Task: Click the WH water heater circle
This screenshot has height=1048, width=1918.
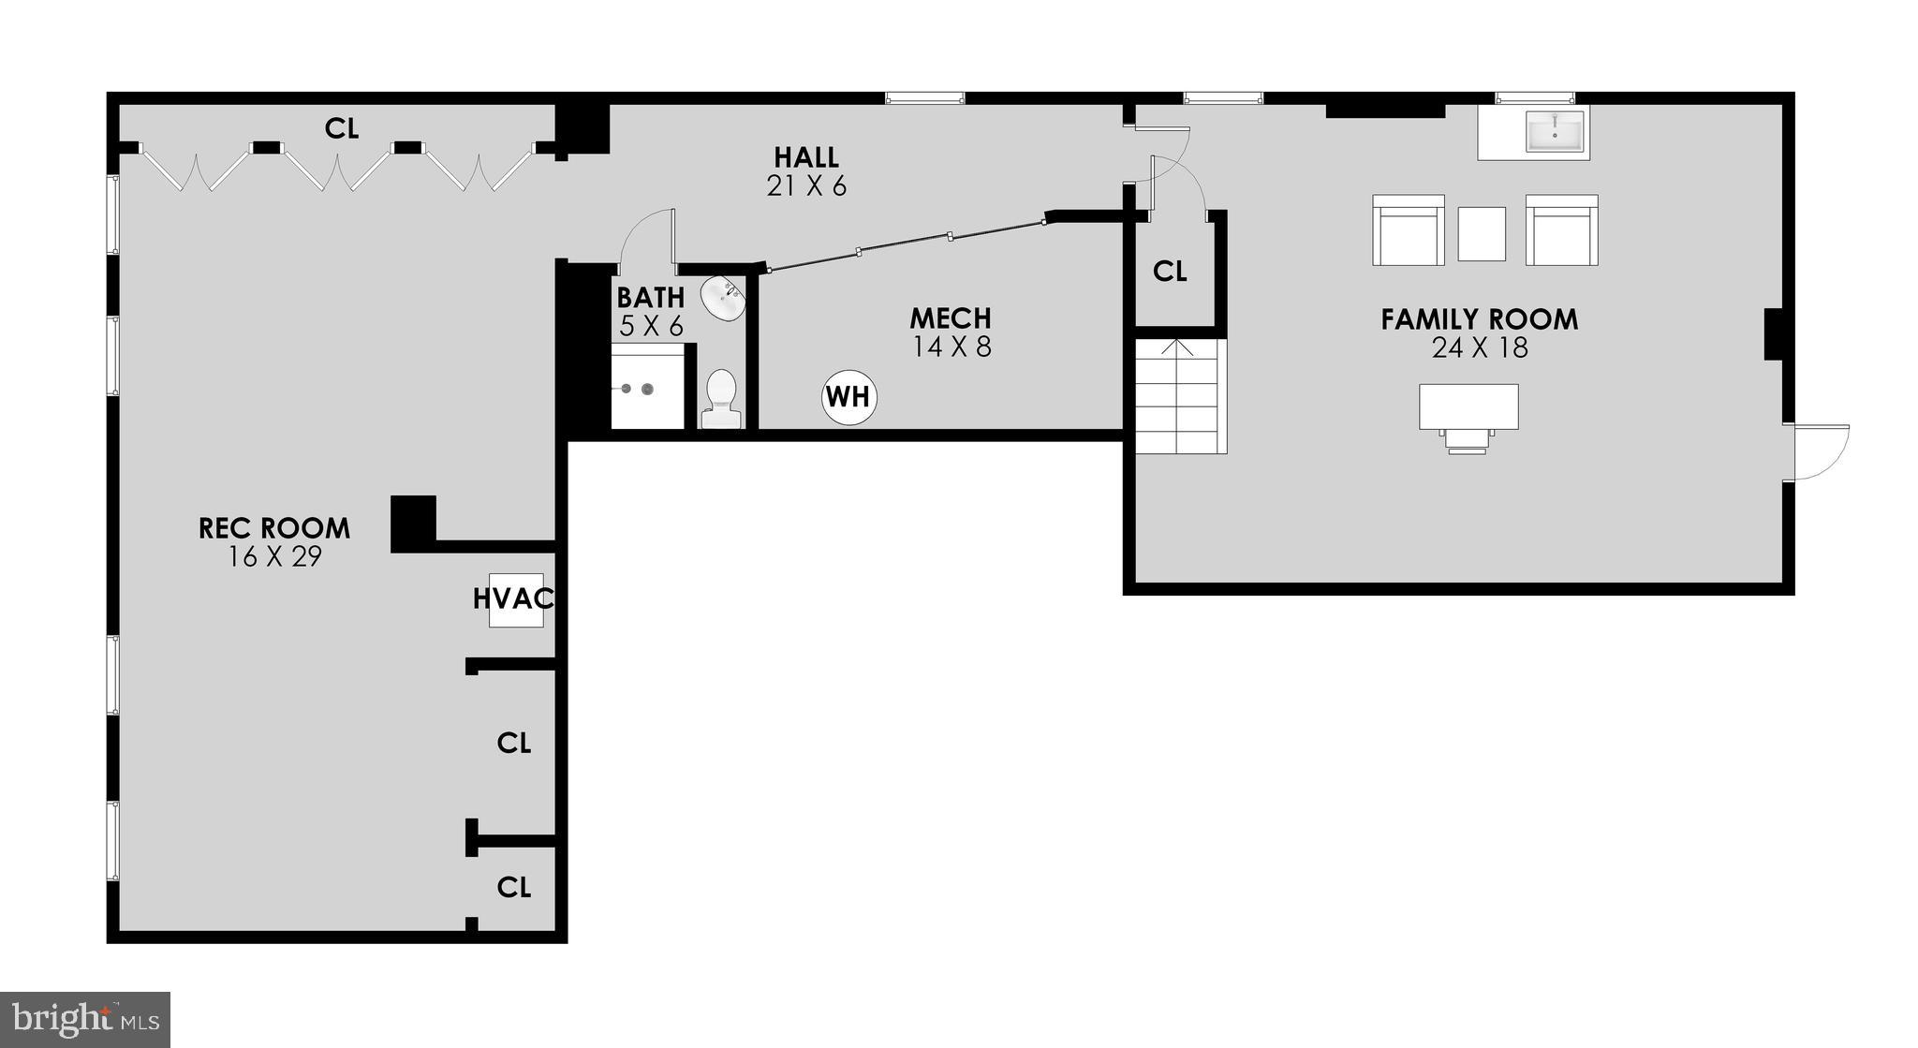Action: [848, 397]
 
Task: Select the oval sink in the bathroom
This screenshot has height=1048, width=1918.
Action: [723, 299]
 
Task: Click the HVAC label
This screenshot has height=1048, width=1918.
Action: [513, 598]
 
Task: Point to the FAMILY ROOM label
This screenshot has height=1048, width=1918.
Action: [1479, 319]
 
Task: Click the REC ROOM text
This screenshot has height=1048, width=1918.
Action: [274, 528]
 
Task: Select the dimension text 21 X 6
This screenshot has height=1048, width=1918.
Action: [806, 186]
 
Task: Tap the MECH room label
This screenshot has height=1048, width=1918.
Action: [951, 318]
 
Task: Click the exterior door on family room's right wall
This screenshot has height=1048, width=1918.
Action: [1817, 452]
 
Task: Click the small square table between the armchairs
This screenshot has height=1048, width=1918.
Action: [1482, 233]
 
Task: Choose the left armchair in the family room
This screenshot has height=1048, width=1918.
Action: [1408, 230]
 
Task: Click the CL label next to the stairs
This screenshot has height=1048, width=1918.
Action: [1170, 272]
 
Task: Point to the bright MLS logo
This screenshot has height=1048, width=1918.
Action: [84, 1019]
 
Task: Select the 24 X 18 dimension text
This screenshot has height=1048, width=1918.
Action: [1479, 348]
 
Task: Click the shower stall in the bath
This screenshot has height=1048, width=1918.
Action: [646, 387]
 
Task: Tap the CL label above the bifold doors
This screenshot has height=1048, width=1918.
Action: [341, 128]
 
